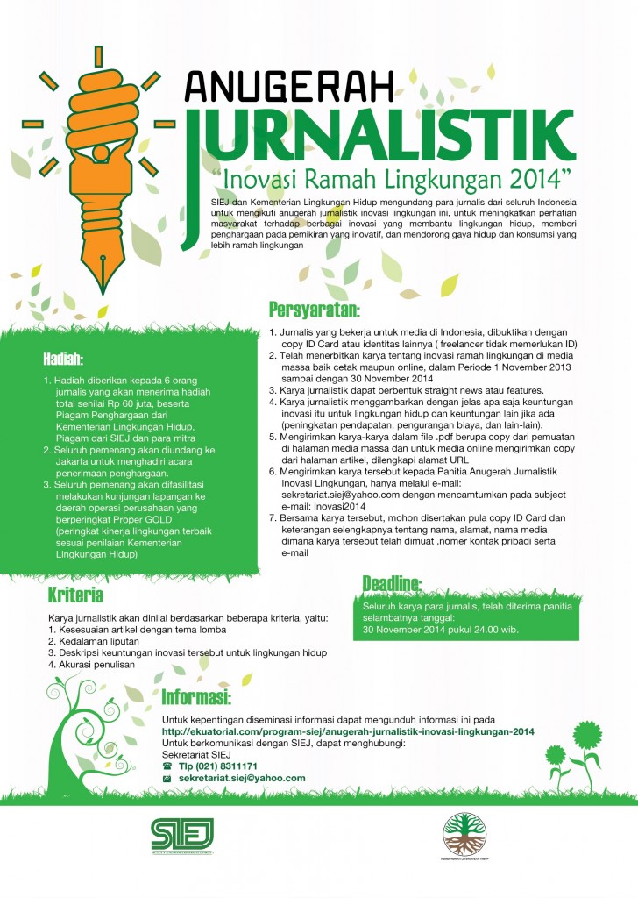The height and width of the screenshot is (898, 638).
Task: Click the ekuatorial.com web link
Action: tap(348, 731)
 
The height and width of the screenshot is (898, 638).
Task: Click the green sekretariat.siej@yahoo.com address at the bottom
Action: tap(242, 778)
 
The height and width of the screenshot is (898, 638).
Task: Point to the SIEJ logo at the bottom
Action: tap(182, 834)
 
